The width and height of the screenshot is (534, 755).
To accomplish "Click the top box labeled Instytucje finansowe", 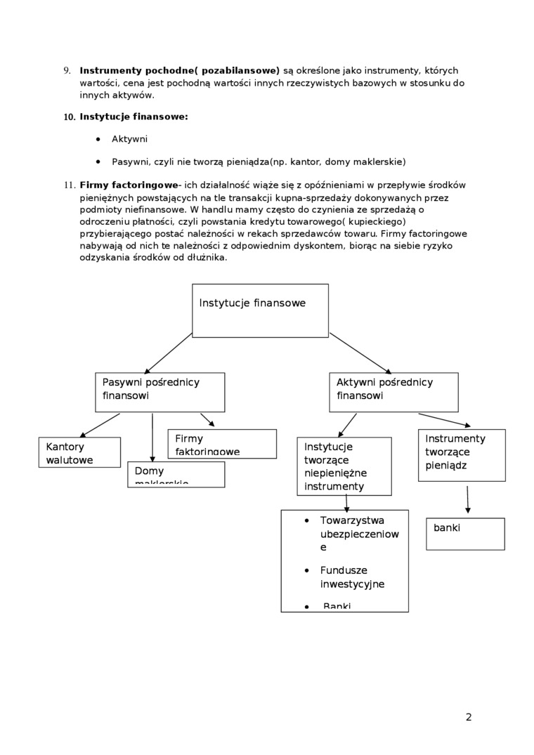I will [260, 310].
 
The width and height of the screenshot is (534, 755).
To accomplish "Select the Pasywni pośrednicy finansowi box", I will [159, 392].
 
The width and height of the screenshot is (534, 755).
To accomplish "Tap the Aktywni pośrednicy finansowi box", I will [393, 392].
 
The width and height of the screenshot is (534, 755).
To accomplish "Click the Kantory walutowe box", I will [79, 452].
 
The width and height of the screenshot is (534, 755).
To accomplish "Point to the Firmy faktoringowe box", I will [222, 444].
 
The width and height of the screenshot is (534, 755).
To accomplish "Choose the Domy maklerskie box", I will [176, 474].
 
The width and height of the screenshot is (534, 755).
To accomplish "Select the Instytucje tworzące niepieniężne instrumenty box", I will [344, 466].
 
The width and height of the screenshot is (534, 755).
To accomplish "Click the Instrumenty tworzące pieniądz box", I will [462, 455].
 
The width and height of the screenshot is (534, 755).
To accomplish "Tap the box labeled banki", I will [465, 534].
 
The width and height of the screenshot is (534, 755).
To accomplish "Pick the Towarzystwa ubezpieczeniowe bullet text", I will [358, 534].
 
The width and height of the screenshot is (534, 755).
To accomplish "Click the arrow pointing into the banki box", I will [467, 500].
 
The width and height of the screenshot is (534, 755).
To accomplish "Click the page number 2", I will [469, 717].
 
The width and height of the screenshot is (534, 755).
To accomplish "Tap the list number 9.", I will [67, 70].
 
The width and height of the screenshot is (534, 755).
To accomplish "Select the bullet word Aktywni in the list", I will [129, 140].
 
